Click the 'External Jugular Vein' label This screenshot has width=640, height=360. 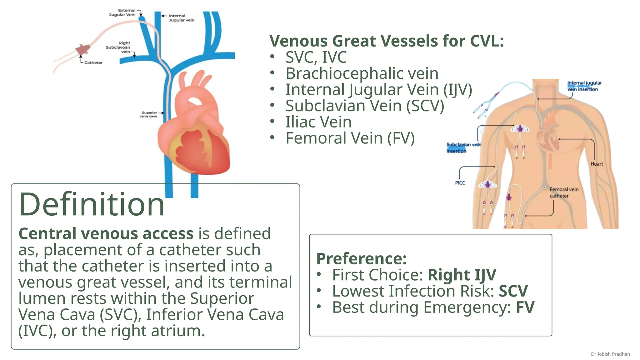(x=122, y=12)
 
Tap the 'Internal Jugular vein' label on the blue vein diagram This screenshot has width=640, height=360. (x=181, y=18)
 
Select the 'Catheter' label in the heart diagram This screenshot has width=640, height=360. (x=93, y=62)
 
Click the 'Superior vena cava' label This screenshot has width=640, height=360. (x=148, y=114)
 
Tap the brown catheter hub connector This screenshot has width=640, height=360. (x=83, y=50)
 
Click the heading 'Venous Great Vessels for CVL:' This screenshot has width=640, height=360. (x=387, y=41)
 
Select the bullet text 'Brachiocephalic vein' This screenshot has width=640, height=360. (x=362, y=73)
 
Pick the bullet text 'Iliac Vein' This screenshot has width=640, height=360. (x=318, y=122)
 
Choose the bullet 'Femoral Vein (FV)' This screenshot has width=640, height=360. (x=350, y=138)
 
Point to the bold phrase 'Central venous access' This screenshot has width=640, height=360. (x=106, y=233)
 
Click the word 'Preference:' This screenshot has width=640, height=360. (x=361, y=258)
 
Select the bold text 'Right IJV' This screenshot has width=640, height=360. (x=462, y=275)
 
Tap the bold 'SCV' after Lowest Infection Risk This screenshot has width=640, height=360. (x=513, y=291)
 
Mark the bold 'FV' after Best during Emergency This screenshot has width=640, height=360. (x=525, y=307)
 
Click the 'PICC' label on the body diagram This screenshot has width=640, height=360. (x=460, y=183)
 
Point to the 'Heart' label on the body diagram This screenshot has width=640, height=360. (x=597, y=164)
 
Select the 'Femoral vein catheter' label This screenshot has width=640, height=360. (x=564, y=192)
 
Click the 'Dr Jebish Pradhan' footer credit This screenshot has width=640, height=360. (x=610, y=354)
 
